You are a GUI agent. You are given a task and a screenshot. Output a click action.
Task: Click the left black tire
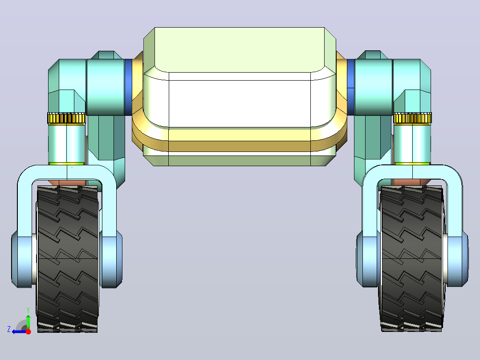(67, 259)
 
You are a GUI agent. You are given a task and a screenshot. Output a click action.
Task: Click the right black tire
(412, 259)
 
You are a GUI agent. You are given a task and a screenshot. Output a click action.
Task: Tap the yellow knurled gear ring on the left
(66, 118)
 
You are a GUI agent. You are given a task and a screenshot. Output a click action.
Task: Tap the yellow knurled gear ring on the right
(412, 118)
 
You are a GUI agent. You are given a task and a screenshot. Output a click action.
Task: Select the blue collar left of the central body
(128, 87)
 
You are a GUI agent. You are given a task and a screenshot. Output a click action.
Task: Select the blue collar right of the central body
(350, 87)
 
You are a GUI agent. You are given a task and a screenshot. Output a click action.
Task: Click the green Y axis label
(28, 310)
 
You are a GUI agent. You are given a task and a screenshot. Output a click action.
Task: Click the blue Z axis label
(9, 329)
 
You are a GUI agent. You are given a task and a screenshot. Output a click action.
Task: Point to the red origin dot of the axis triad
(28, 331)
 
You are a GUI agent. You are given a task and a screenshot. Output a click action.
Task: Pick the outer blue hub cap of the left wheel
(21, 259)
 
